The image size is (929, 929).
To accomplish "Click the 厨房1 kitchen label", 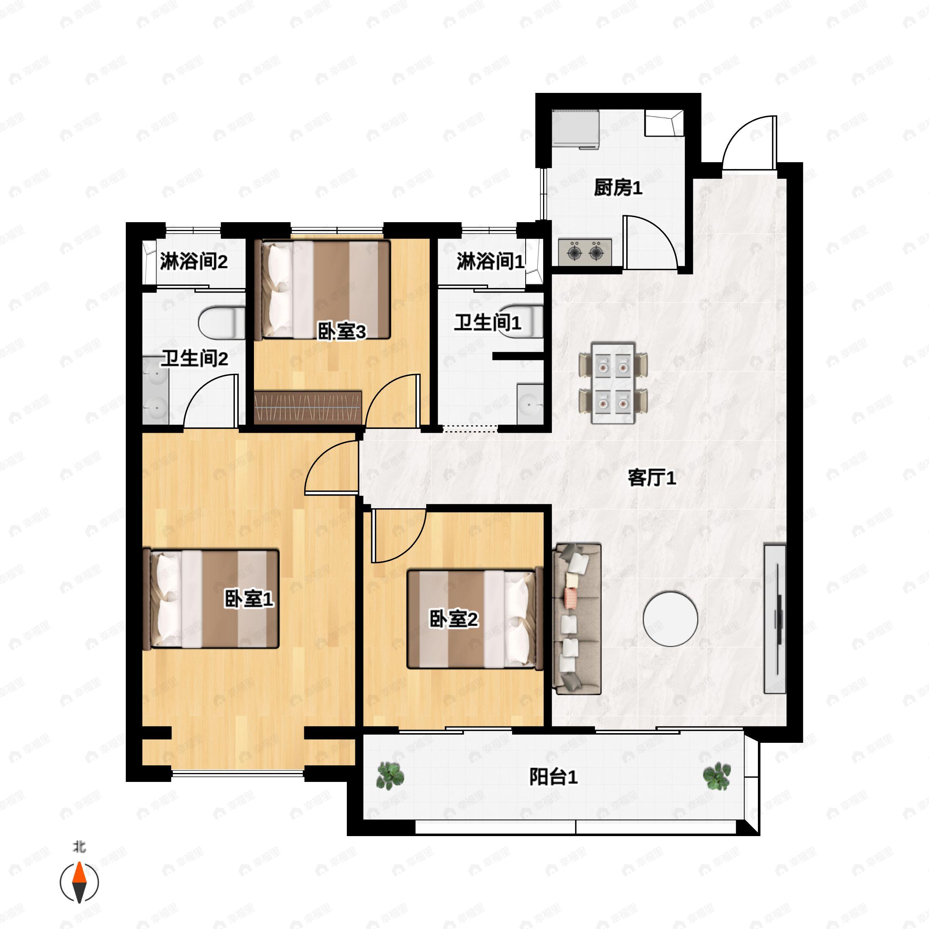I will [x=618, y=187].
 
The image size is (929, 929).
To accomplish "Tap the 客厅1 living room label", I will [x=651, y=478].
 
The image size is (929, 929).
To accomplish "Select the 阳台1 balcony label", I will [x=553, y=777].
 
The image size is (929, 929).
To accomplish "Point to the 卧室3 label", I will [x=341, y=331].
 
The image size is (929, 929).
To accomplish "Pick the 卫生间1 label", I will [x=488, y=322].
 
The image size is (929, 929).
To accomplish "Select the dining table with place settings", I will [x=613, y=383].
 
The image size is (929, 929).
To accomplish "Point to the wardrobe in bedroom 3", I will [x=308, y=407].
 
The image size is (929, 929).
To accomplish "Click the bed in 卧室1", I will [x=212, y=599].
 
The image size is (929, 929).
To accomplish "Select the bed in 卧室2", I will [x=474, y=619].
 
